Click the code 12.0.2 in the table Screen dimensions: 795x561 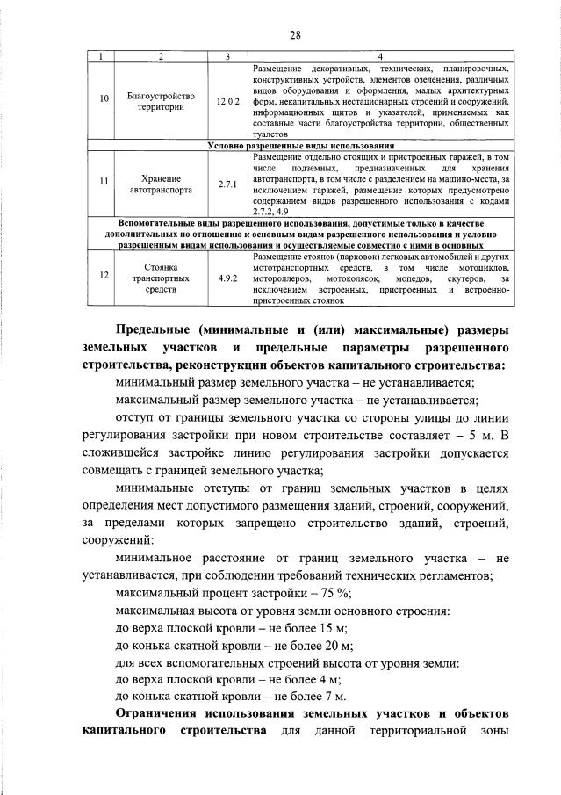227,101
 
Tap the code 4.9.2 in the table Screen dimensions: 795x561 227,276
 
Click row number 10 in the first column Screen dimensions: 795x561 104,101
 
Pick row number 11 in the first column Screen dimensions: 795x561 104,182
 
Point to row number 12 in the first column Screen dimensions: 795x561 104,276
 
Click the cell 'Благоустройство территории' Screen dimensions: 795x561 161,101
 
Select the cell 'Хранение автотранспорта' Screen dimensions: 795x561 161,182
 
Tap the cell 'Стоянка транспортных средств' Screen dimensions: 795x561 161,276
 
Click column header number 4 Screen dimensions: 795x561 379,57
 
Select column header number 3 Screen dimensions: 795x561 227,57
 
